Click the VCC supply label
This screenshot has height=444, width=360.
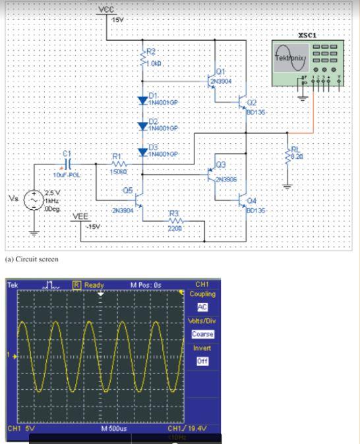[x=105, y=9]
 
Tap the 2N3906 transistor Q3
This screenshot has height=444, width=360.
[x=211, y=174]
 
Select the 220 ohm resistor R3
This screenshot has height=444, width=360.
[x=173, y=221]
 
